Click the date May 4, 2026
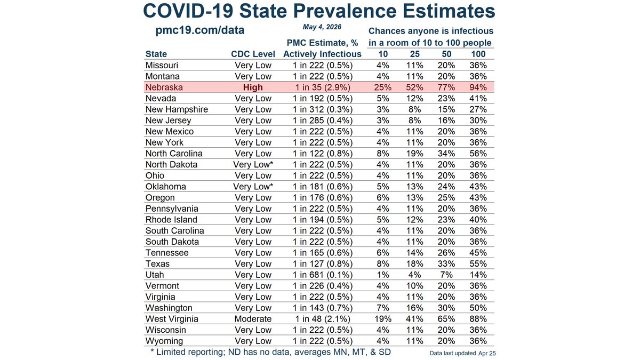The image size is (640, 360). tap(322, 27)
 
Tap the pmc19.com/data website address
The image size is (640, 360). tap(199, 30)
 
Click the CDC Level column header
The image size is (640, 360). tap(253, 54)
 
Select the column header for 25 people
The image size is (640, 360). tap(414, 54)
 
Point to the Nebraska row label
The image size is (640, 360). tap(164, 87)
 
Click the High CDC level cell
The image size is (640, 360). tap(253, 87)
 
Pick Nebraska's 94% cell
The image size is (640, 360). tap(478, 87)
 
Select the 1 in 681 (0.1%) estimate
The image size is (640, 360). tap(323, 275)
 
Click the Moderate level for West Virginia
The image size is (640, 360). tap(253, 319)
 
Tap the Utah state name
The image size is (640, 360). tap(155, 275)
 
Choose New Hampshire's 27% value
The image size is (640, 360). tap(478, 109)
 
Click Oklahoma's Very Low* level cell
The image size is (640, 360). tap(253, 187)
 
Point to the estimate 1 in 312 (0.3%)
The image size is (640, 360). tap(323, 109)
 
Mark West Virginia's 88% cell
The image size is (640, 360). tap(478, 319)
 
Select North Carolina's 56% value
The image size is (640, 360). tap(478, 154)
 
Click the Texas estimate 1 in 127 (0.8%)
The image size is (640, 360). tap(323, 263)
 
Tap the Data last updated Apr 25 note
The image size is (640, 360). tap(462, 354)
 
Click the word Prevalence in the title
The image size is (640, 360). tap(345, 11)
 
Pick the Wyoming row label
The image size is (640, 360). tap(164, 341)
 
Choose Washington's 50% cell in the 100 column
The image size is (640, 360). tap(478, 308)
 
